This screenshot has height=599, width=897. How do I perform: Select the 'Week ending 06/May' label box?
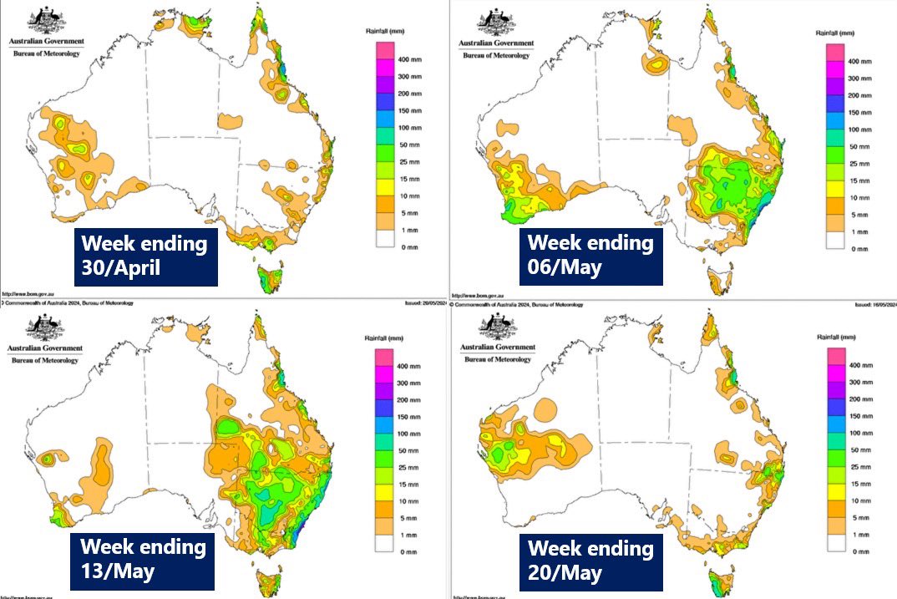590,255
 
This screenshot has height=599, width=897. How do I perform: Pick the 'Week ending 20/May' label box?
590,560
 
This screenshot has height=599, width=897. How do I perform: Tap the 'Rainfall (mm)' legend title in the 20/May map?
838,337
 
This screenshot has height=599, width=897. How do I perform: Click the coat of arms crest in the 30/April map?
46,19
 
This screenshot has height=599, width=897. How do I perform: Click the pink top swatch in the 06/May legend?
835,52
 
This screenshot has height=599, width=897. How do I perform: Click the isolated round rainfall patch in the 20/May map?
547,410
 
